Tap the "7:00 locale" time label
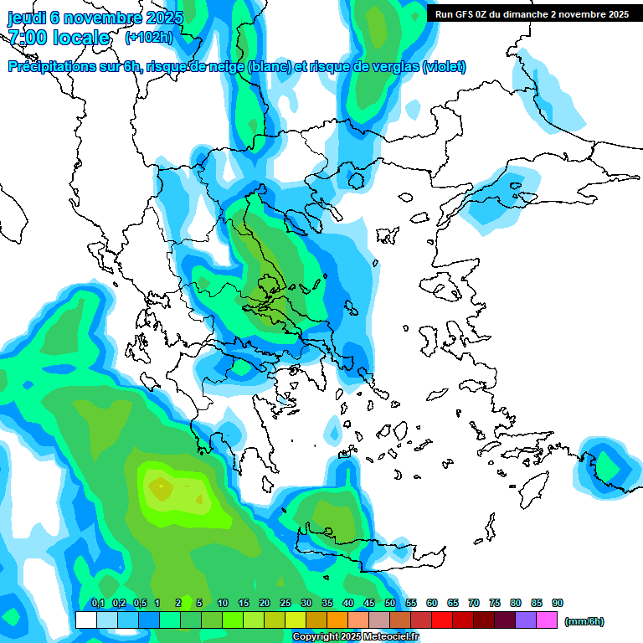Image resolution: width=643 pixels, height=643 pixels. pyautogui.click(x=59, y=38)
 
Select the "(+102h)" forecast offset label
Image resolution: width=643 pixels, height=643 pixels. pyautogui.click(x=149, y=38)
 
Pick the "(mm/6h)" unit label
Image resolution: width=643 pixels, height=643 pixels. pyautogui.click(x=584, y=621)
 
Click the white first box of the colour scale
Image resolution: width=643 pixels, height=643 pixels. pyautogui.click(x=85, y=620)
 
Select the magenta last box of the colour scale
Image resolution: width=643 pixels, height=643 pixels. pyautogui.click(x=547, y=620)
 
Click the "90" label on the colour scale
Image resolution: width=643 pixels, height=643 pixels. pyautogui.click(x=558, y=604)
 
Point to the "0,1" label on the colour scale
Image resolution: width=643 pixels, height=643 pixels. pyautogui.click(x=98, y=604)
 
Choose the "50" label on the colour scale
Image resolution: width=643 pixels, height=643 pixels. pyautogui.click(x=390, y=604)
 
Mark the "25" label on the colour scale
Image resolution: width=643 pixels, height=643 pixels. pyautogui.click(x=285, y=604)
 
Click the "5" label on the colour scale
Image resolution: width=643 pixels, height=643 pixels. pyautogui.click(x=199, y=604)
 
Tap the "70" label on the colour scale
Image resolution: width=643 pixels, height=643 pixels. pyautogui.click(x=474, y=604)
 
